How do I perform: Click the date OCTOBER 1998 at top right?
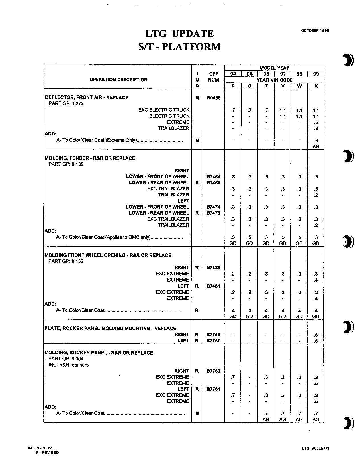(315, 31)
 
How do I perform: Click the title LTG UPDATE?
(179, 34)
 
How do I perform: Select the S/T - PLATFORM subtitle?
(179, 47)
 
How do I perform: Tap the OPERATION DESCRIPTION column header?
(118, 80)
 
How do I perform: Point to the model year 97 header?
(283, 74)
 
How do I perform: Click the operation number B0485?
(213, 98)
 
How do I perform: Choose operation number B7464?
(213, 177)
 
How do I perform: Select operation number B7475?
(213, 213)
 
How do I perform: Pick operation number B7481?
(213, 286)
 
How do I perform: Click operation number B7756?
(213, 335)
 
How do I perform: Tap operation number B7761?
(213, 389)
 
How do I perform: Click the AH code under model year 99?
(316, 146)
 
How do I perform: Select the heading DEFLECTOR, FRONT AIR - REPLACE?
(87, 97)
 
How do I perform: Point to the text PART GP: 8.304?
(66, 359)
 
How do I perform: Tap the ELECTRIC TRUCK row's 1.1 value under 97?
(283, 116)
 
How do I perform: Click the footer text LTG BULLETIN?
(315, 448)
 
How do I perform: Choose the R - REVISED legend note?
(47, 453)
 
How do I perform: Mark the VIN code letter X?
(316, 86)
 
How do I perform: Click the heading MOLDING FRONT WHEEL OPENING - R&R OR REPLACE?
(108, 255)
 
